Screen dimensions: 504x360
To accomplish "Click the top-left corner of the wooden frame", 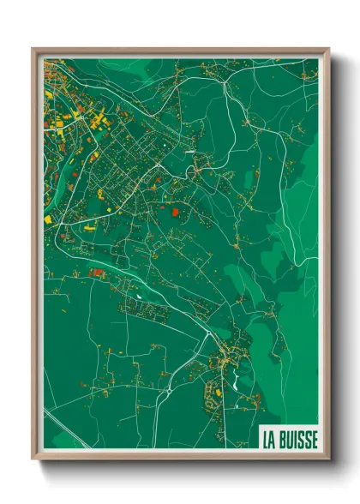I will pos(33,49).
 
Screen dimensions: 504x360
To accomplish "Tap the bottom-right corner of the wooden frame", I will pos(329,459).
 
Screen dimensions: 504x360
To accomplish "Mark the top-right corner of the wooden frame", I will pos(329,49).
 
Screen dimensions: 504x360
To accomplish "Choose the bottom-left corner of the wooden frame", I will pos(33,459).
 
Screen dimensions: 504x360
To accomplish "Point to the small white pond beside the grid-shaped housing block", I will pos(138,297).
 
